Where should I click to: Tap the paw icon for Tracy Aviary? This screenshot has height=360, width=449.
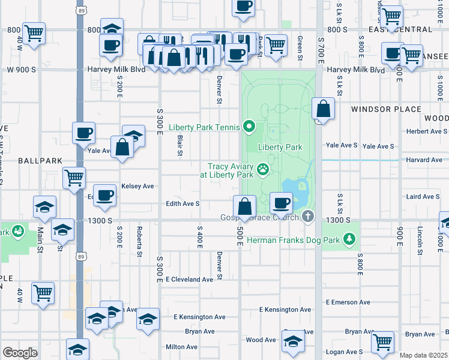pyautogui.click(x=263, y=170)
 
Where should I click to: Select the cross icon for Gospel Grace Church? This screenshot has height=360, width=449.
pyautogui.click(x=307, y=217)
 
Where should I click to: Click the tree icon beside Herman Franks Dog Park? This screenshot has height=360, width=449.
pyautogui.click(x=350, y=240)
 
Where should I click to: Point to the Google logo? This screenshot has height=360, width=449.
pyautogui.click(x=20, y=353)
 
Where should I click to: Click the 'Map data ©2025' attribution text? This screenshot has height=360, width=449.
pyautogui.click(x=423, y=355)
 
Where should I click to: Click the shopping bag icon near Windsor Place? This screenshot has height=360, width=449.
pyautogui.click(x=323, y=109)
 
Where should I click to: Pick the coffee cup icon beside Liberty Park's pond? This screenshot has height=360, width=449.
pyautogui.click(x=281, y=203)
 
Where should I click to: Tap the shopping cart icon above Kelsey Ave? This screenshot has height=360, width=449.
pyautogui.click(x=74, y=177)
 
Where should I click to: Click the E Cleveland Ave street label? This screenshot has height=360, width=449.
pyautogui.click(x=190, y=280)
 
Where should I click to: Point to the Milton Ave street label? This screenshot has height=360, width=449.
pyautogui.click(x=182, y=347)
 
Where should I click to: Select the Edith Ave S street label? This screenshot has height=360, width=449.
pyautogui.click(x=183, y=204)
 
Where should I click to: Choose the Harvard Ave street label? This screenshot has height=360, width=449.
pyautogui.click(x=424, y=160)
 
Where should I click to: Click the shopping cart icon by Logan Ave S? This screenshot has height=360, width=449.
pyautogui.click(x=382, y=342)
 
